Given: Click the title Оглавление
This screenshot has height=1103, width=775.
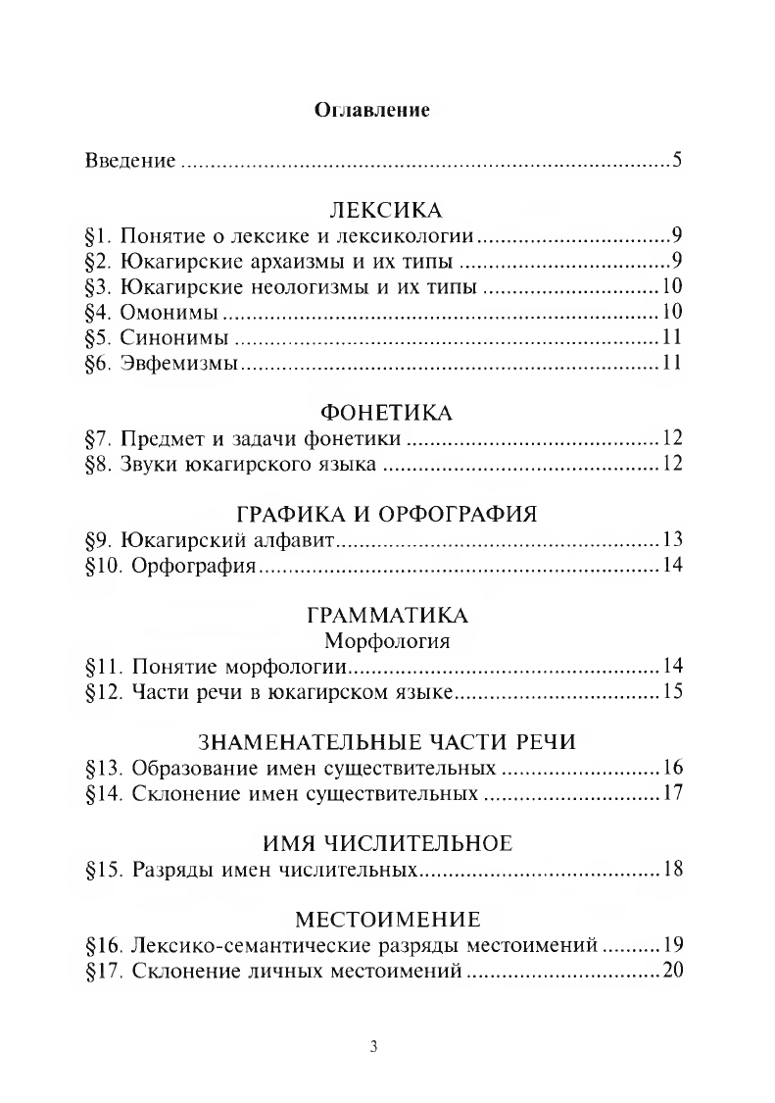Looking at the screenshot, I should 372,109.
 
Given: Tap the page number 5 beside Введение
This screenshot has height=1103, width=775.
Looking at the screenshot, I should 677,160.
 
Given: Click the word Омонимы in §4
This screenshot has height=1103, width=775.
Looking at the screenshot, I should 170,313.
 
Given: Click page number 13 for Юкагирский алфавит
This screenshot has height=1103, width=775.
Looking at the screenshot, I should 671,540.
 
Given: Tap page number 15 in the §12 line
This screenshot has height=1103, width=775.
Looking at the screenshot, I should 671,693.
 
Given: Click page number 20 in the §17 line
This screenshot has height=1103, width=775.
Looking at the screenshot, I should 671,972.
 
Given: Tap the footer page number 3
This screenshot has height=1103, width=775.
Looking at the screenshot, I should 374,1045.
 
